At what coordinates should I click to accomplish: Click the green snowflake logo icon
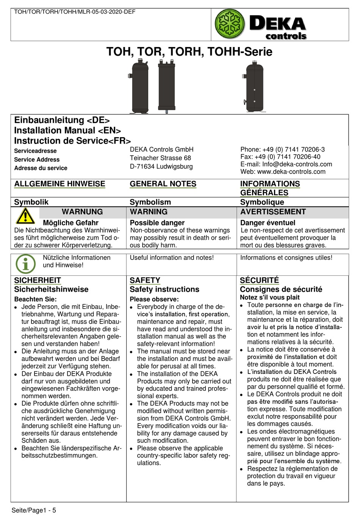coord(230,24)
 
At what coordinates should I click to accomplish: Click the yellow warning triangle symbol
coord(25,216)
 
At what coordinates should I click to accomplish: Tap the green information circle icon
coord(25,264)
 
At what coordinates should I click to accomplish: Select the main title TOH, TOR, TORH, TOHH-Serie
coord(189,52)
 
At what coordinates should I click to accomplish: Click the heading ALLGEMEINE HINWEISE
coord(59,184)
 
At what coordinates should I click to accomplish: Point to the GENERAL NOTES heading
coord(163,184)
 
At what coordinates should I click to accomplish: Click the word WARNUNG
coord(82,212)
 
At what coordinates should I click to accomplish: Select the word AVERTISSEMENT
coord(273,212)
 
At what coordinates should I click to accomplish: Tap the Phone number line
coord(282,150)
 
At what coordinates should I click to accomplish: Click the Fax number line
coord(280,157)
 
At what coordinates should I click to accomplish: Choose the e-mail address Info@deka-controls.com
coord(297,164)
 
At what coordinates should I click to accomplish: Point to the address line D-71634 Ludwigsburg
coord(161,167)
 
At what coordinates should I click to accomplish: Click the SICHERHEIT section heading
coord(38,280)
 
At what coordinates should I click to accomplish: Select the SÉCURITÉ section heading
coord(259,280)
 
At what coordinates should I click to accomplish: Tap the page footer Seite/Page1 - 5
coord(34,510)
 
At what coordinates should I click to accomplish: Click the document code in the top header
coord(75,12)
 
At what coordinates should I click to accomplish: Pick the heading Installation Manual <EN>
coord(67,130)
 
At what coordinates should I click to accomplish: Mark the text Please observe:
coord(154,299)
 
